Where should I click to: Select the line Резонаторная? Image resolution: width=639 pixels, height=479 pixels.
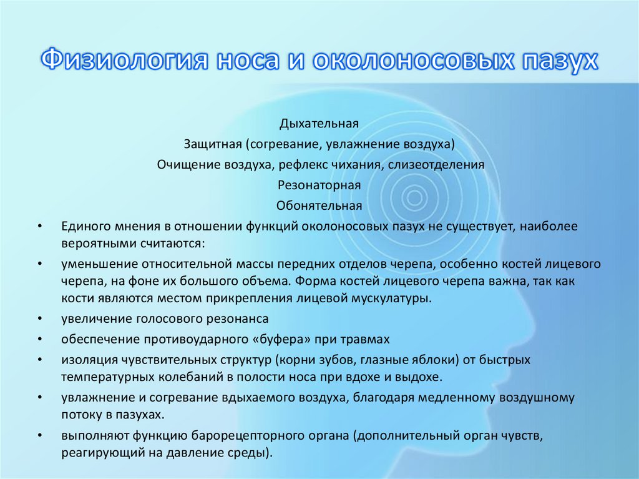[319, 185]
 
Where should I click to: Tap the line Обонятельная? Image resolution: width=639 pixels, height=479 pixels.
[319, 206]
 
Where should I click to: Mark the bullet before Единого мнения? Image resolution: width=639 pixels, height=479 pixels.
[39, 227]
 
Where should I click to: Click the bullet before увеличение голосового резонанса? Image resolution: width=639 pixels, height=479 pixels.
[39, 319]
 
